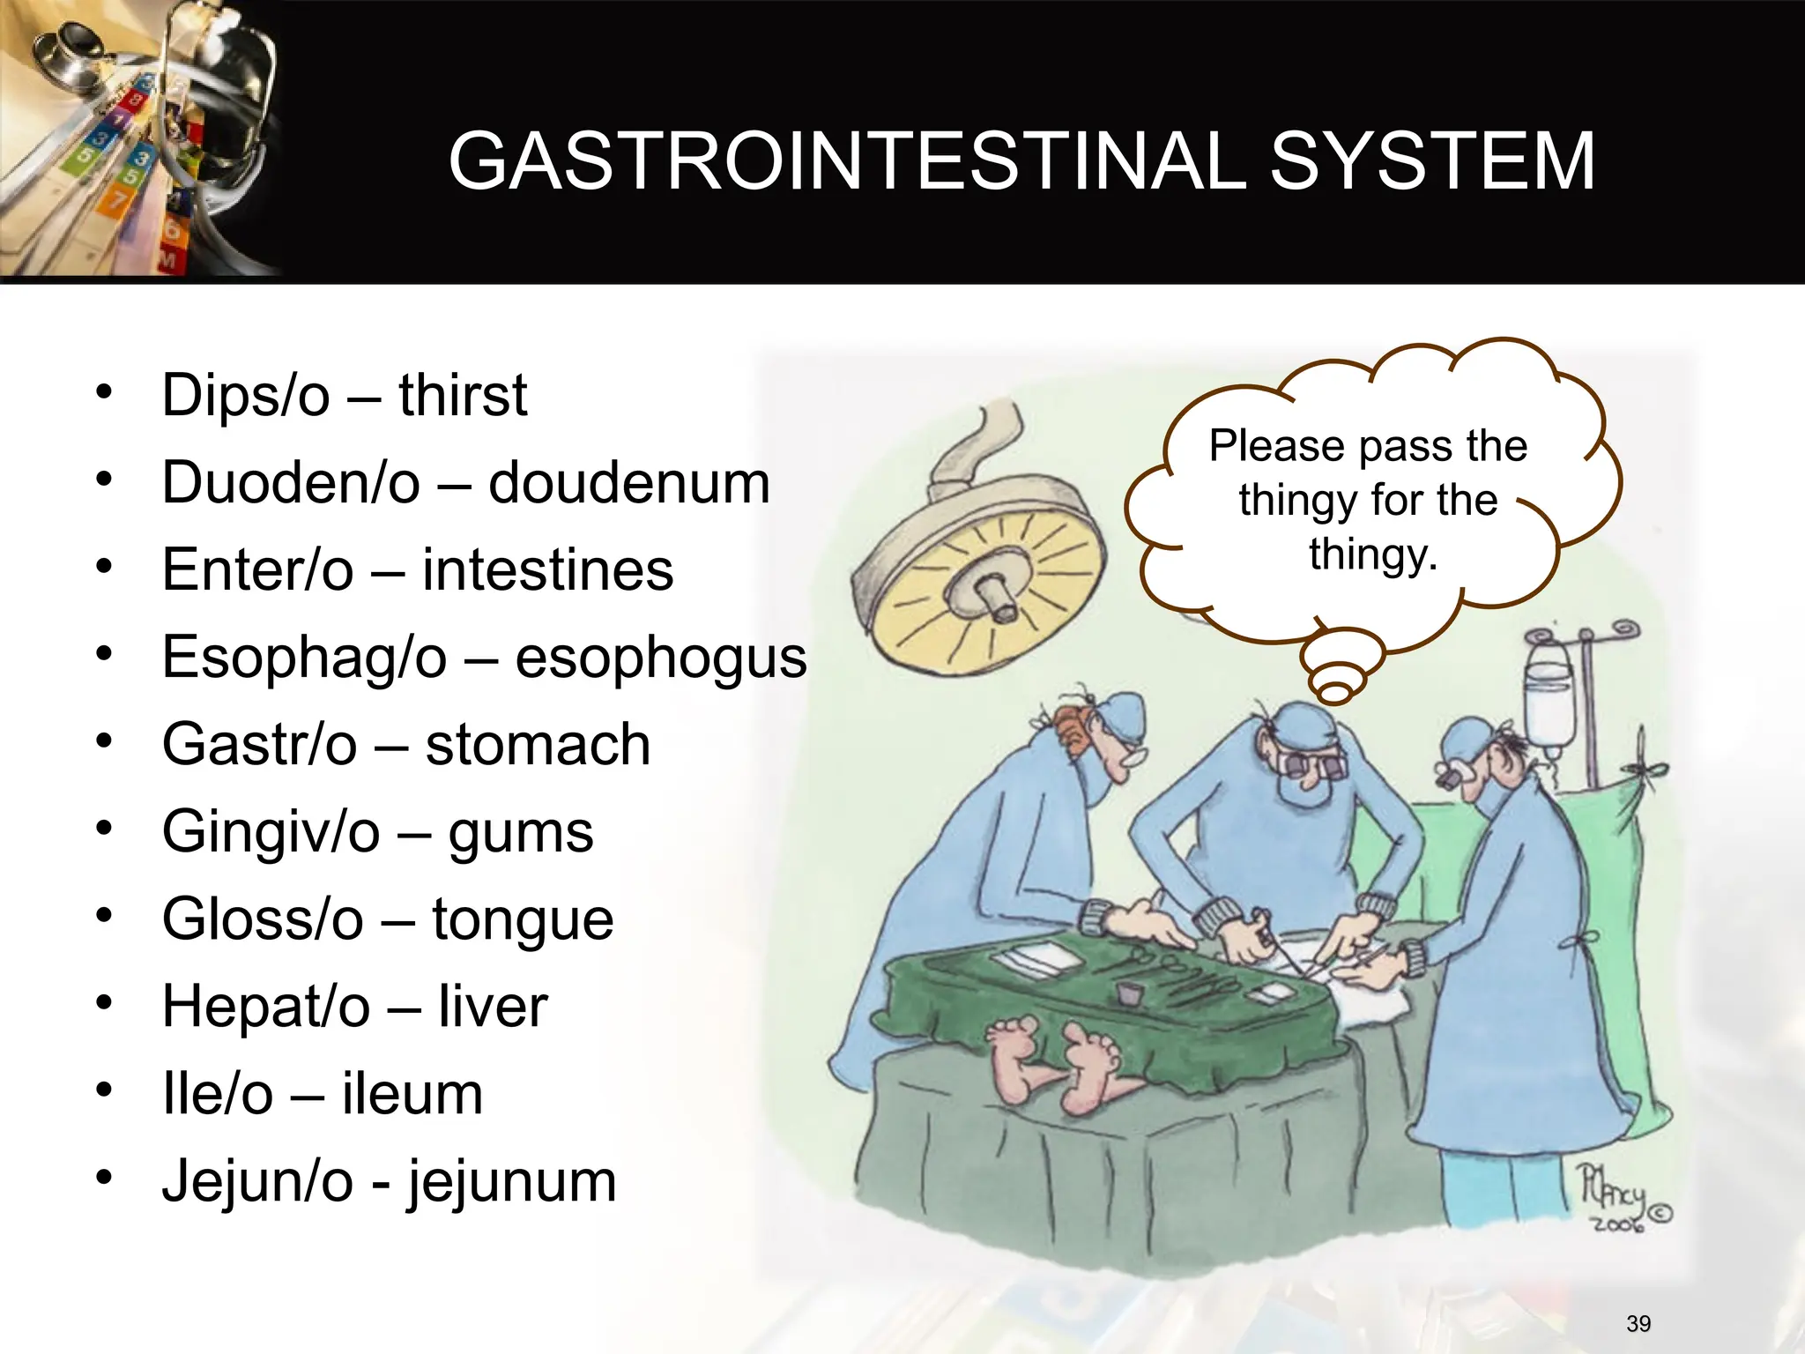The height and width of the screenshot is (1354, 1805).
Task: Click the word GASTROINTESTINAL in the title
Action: pyautogui.click(x=846, y=160)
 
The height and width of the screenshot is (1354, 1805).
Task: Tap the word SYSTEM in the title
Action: pyautogui.click(x=1432, y=160)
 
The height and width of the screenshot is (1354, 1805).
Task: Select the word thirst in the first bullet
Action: pyautogui.click(x=463, y=395)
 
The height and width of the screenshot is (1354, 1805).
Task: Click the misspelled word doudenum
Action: pyautogui.click(x=629, y=483)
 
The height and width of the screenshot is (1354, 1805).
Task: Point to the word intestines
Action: pyautogui.click(x=547, y=569)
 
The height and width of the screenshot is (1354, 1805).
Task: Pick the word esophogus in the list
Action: pyautogui.click(x=661, y=658)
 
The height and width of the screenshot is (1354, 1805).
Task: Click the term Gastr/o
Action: pyautogui.click(x=260, y=744)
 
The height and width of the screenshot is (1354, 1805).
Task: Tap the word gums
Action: pyautogui.click(x=521, y=832)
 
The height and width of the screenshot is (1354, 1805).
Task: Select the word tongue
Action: pyautogui.click(x=523, y=919)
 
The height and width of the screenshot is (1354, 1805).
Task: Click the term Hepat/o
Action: pyautogui.click(x=266, y=1006)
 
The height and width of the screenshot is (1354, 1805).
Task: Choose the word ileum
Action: pyautogui.click(x=412, y=1094)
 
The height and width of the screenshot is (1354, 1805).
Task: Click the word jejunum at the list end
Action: pyautogui.click(x=511, y=1181)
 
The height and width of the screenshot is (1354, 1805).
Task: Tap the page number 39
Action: pyautogui.click(x=1638, y=1323)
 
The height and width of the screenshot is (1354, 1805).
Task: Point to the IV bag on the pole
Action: pyautogui.click(x=1549, y=705)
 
